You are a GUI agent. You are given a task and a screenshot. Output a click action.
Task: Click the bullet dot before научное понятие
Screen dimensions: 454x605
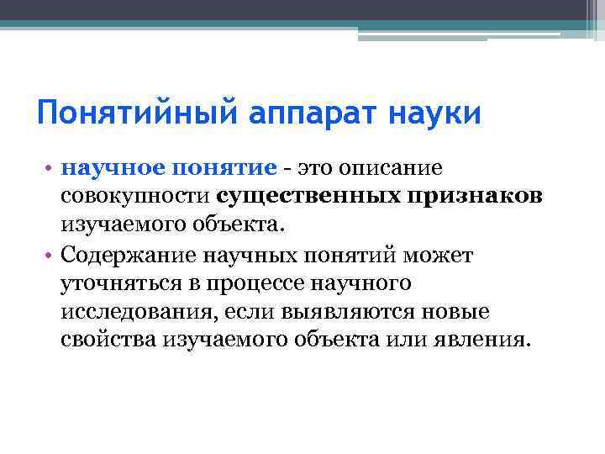(50, 167)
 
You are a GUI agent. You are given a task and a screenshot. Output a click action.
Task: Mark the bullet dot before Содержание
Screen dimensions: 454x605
(50, 255)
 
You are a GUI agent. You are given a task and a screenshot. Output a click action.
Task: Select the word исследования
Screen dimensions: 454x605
(129, 313)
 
